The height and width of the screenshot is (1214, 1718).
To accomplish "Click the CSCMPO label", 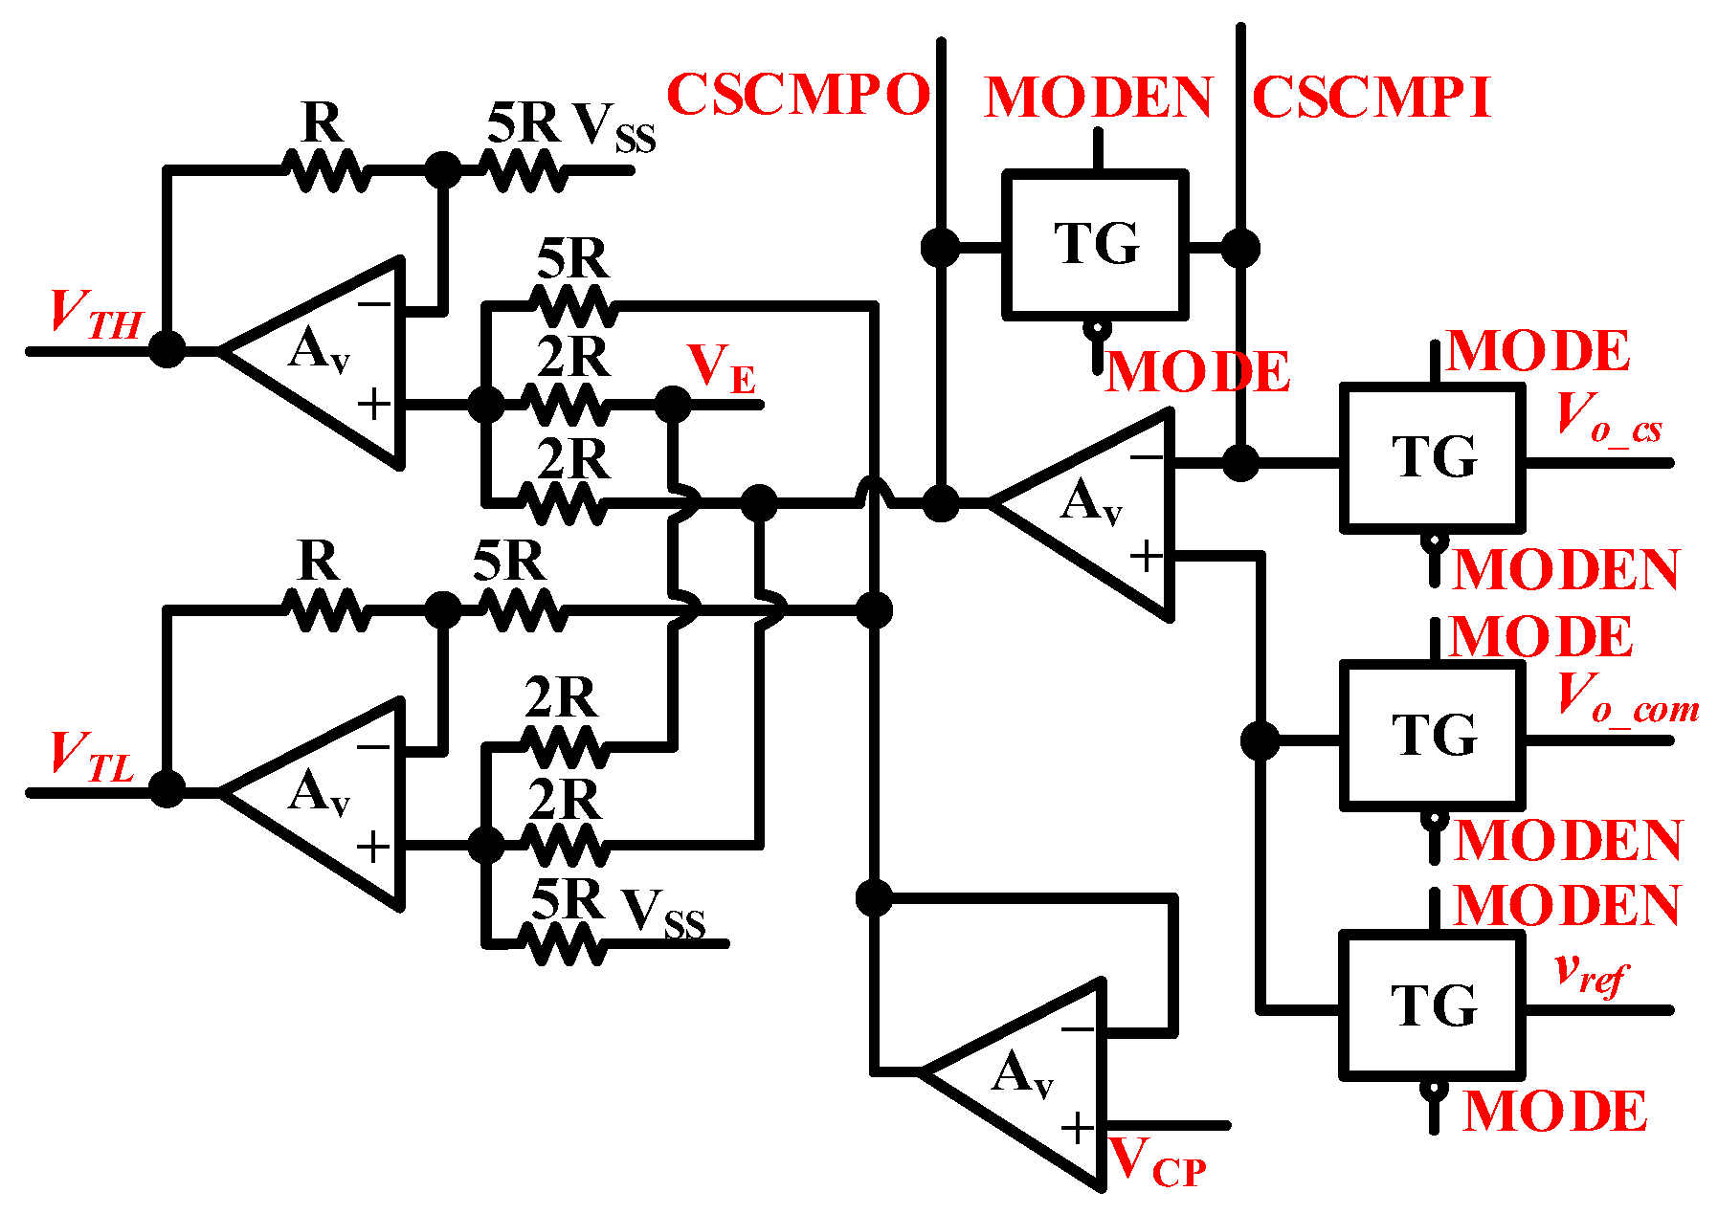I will [797, 95].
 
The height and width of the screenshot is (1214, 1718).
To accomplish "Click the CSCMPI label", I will [1371, 98].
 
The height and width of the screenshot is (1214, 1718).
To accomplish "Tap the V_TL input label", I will [91, 757].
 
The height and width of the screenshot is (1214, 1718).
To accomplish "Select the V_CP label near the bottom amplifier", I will [1156, 1163].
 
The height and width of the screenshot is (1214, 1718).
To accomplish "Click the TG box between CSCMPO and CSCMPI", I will [1096, 244].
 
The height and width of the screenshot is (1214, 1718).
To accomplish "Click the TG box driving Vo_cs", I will [1432, 457].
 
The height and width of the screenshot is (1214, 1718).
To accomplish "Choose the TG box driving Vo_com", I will [1432, 735].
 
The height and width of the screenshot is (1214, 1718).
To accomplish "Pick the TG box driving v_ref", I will [1432, 1005].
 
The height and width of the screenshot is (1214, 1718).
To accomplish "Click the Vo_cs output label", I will [1608, 418].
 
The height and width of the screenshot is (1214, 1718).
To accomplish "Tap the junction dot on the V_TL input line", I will [167, 790].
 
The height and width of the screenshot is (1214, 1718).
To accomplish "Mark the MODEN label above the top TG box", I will [1099, 98].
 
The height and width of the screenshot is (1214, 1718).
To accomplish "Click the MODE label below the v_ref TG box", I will [1555, 1112].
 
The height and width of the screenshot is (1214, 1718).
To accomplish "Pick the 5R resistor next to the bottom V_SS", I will [565, 943].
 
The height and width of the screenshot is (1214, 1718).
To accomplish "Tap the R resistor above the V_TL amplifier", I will [325, 608].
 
